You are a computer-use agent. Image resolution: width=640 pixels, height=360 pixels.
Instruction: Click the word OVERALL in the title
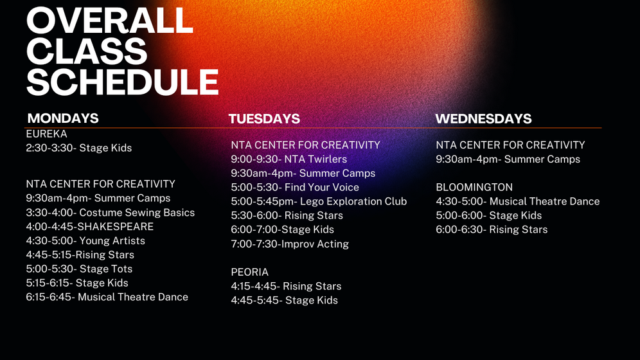tap(110, 21)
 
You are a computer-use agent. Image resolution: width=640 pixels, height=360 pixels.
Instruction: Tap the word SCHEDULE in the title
tap(123, 82)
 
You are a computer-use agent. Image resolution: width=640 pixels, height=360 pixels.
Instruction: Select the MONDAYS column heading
tap(63, 118)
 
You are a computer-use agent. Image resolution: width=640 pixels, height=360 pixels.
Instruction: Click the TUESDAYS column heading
tap(264, 119)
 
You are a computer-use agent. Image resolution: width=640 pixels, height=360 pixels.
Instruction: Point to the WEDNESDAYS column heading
tap(483, 119)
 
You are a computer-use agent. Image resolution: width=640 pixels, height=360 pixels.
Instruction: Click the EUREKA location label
tap(46, 134)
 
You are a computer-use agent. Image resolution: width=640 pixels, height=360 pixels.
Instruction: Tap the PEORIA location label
tap(250, 272)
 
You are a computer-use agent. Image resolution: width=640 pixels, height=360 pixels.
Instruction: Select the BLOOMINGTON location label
tap(474, 187)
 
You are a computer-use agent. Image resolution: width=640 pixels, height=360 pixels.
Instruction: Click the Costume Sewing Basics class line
tap(111, 213)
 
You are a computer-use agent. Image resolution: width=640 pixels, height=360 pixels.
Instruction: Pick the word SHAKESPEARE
tap(116, 226)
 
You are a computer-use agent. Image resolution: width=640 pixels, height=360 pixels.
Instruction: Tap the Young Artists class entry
tap(85, 241)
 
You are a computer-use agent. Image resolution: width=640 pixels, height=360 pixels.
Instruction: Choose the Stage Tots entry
tap(79, 269)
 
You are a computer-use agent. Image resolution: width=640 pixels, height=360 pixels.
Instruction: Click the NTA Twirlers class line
tap(289, 159)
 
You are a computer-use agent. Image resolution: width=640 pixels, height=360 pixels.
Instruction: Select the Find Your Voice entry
tap(295, 187)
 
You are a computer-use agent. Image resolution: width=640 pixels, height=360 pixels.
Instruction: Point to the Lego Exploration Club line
tap(319, 202)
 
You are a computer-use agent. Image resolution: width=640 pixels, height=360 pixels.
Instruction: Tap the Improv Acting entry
tap(290, 244)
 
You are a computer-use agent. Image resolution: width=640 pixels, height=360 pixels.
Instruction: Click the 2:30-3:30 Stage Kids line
tap(79, 148)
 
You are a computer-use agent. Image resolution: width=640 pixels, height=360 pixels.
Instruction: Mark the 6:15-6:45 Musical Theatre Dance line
tap(107, 297)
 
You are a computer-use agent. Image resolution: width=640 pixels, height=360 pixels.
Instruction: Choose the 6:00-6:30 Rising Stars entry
tap(492, 230)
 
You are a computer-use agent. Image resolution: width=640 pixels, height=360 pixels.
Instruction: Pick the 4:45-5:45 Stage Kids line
tap(285, 300)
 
